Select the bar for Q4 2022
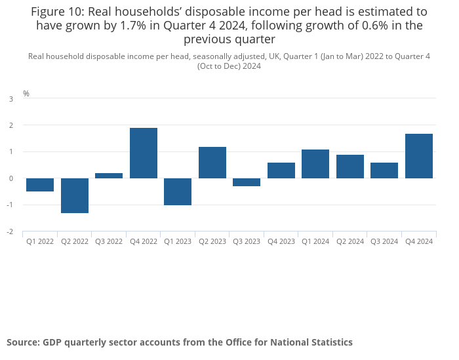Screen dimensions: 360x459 [144, 153]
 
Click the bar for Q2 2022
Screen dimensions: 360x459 [75, 195]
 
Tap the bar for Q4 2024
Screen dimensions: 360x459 [419, 156]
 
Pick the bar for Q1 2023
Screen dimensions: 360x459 [178, 191]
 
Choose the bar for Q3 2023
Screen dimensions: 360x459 [247, 182]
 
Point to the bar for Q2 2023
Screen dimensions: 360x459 [212, 162]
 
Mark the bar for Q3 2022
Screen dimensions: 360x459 [109, 176]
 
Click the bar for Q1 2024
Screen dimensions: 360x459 [315, 164]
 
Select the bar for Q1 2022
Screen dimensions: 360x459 [40, 185]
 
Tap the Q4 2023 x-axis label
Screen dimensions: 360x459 [281, 241]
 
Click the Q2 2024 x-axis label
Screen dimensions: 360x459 [350, 241]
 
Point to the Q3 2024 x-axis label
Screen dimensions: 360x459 [384, 241]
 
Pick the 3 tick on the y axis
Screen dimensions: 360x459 [11, 99]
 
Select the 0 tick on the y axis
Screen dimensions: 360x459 [11, 178]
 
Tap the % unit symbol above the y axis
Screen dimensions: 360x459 [26, 94]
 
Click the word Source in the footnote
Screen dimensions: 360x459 [22, 342]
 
